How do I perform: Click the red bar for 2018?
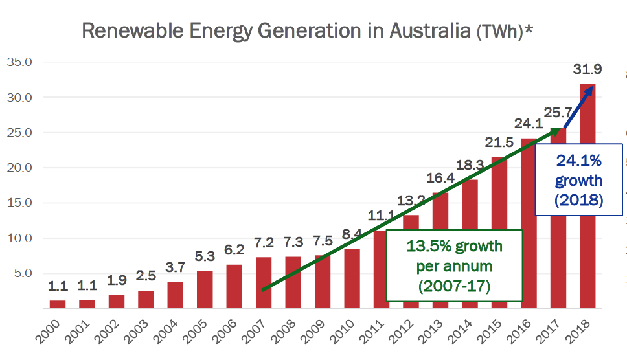(x=587, y=196)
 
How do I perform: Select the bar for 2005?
(x=205, y=289)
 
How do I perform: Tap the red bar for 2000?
(x=58, y=304)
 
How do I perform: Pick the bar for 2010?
(x=352, y=278)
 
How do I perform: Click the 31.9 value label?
(x=587, y=69)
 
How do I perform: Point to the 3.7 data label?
(x=175, y=267)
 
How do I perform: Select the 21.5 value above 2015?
(x=499, y=142)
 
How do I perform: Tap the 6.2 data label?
(x=234, y=250)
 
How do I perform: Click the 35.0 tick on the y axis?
(x=19, y=62)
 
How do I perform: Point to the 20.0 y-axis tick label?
(x=19, y=168)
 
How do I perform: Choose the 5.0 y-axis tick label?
(x=23, y=273)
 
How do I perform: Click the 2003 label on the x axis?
(x=136, y=332)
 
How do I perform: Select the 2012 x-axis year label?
(x=401, y=332)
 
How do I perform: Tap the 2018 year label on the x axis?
(x=578, y=332)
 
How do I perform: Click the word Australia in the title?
(x=430, y=31)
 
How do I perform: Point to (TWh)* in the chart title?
(x=505, y=32)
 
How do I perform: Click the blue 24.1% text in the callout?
(x=578, y=161)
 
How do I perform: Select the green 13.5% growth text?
(x=454, y=246)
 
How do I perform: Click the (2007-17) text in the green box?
(x=454, y=286)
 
